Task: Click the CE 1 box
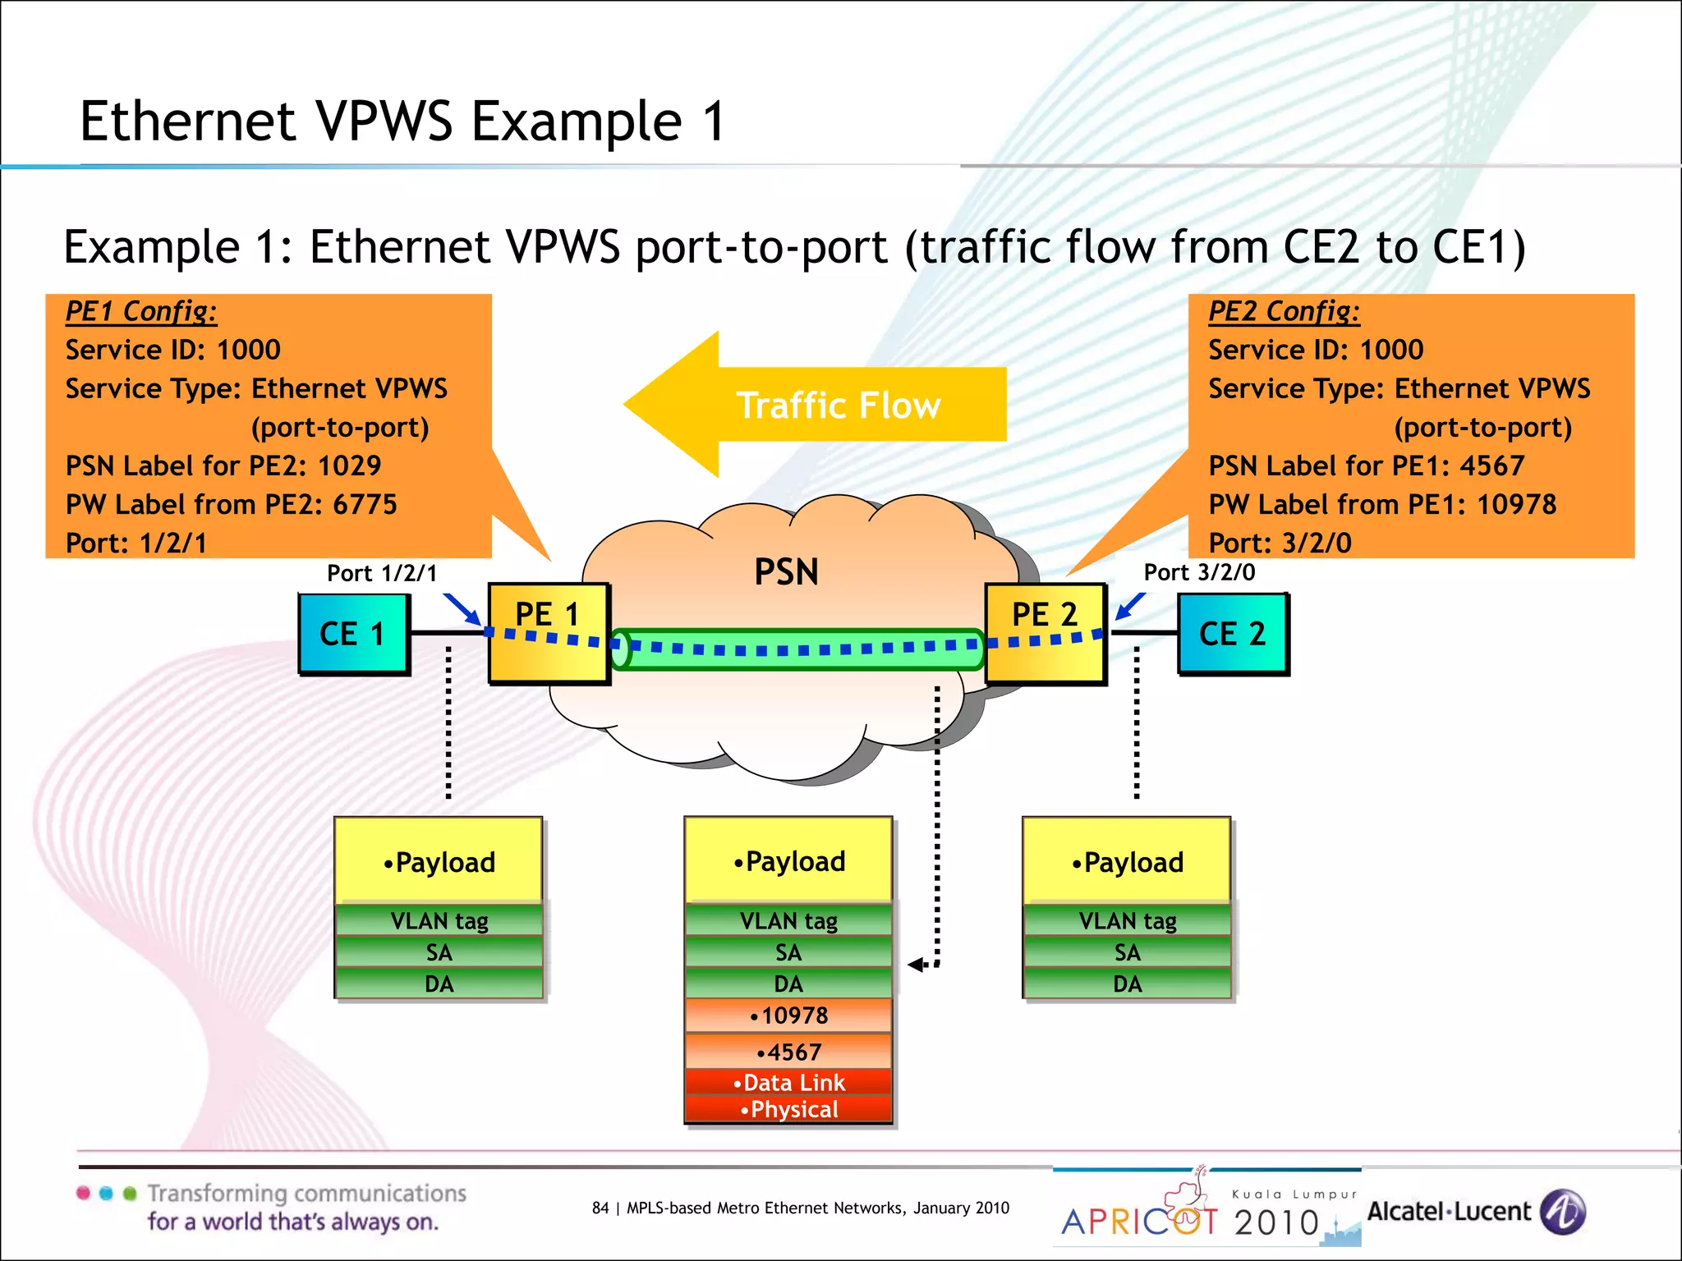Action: click(x=353, y=634)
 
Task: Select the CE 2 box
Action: click(x=1232, y=634)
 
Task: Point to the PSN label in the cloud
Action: click(x=786, y=572)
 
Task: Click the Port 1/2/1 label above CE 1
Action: click(x=382, y=573)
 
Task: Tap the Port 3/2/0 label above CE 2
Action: click(x=1199, y=572)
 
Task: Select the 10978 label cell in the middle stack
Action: click(x=788, y=1016)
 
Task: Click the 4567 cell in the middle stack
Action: click(x=788, y=1052)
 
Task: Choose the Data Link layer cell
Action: click(x=788, y=1082)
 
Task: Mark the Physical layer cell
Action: click(x=788, y=1110)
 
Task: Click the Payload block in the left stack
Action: click(x=439, y=862)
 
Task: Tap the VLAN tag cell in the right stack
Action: click(x=1127, y=921)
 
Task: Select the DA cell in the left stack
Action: click(x=439, y=984)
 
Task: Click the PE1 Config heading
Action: click(x=141, y=311)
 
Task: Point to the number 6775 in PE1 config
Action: click(x=365, y=504)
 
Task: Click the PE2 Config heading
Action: click(x=1284, y=311)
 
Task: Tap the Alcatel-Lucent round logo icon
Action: click(x=1562, y=1212)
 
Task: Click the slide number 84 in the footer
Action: click(x=600, y=1208)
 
